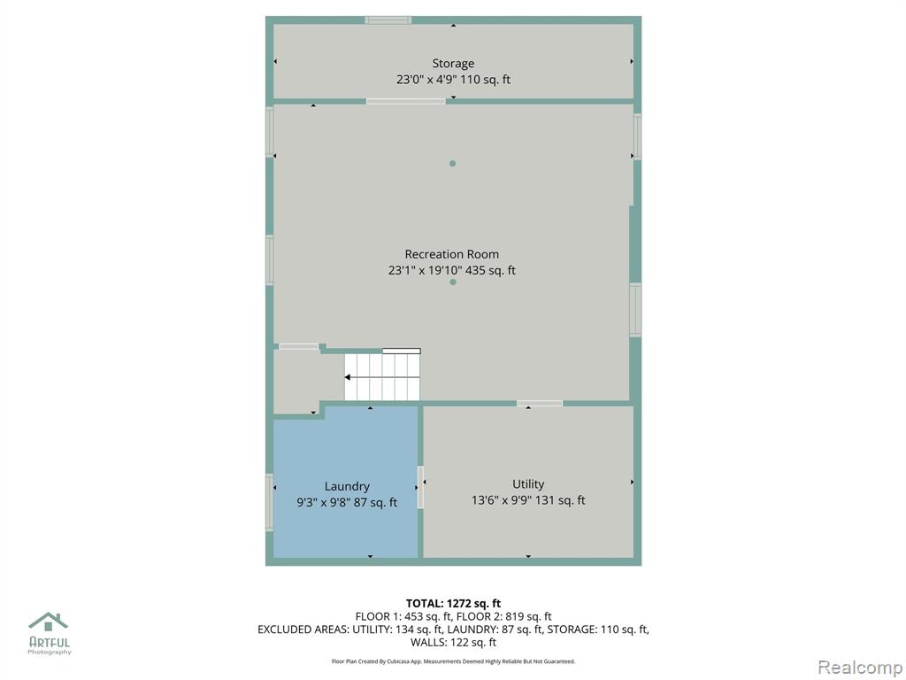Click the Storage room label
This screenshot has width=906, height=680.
point(453,64)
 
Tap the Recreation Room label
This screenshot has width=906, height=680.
point(452,254)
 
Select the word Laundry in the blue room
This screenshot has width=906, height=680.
point(347,487)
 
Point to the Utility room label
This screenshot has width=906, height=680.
point(528,484)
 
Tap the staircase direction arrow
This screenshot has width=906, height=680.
point(382,377)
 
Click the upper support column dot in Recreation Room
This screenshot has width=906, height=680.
point(452,164)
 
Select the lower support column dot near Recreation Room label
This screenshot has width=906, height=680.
point(453,282)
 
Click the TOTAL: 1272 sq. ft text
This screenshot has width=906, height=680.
point(453,604)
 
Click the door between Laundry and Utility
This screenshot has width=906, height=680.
point(420,487)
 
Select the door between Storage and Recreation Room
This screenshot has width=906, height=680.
point(405,101)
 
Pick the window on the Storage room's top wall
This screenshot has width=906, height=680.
point(388,20)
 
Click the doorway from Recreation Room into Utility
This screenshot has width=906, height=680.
point(540,403)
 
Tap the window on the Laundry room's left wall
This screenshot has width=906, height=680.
point(269,502)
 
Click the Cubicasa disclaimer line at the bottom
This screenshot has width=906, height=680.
point(453,661)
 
